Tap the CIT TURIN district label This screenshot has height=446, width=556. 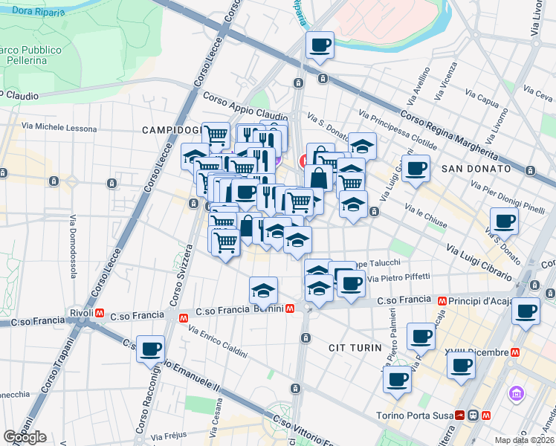click(x=355, y=347)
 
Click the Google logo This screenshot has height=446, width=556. click(x=25, y=437)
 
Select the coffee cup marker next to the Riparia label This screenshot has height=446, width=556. click(x=320, y=45)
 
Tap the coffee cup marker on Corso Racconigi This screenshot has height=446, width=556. click(x=151, y=348)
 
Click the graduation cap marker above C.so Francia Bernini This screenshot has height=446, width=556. click(x=263, y=289)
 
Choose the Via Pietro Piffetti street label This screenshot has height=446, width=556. click(x=398, y=277)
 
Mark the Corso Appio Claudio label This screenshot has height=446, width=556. click(x=245, y=107)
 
